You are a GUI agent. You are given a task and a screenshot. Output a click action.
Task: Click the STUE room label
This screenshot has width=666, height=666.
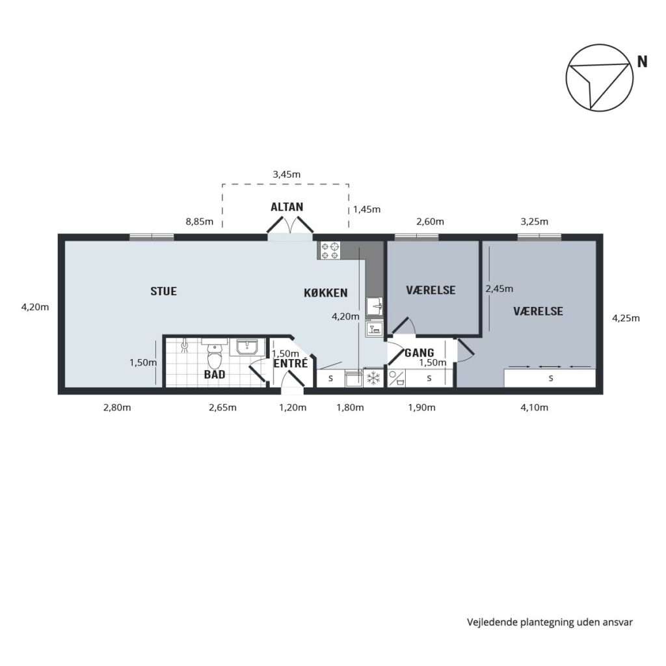pyautogui.click(x=163, y=291)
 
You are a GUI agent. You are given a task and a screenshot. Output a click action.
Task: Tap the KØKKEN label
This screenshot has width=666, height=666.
pyautogui.click(x=326, y=293)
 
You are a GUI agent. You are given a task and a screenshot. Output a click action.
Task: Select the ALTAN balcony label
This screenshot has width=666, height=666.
pyautogui.click(x=287, y=207)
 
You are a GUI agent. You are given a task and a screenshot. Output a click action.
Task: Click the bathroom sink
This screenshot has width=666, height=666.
pyautogui.click(x=246, y=347)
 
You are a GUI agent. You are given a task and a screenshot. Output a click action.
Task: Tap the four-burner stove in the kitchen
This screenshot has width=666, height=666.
pyautogui.click(x=330, y=250)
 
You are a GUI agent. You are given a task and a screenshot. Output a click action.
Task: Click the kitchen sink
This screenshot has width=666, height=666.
pyautogui.click(x=374, y=306)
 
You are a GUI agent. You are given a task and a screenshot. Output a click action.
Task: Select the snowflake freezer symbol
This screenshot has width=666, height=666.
pyautogui.click(x=373, y=378)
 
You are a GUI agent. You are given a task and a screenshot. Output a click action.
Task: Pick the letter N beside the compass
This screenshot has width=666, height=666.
pyautogui.click(x=642, y=62)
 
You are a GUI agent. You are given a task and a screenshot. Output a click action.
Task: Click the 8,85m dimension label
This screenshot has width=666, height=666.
pyautogui.click(x=200, y=222)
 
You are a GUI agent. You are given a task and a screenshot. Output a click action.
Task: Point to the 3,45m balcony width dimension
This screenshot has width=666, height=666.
pyautogui.click(x=287, y=174)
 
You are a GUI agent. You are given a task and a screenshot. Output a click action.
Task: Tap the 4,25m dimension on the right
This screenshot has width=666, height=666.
pyautogui.click(x=626, y=318)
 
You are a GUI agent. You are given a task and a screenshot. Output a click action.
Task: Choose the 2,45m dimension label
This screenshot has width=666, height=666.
pyautogui.click(x=499, y=289)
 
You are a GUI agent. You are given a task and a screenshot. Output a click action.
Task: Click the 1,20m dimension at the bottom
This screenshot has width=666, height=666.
pyautogui.click(x=293, y=408)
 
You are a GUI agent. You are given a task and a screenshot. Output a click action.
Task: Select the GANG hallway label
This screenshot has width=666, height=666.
pyautogui.click(x=420, y=353)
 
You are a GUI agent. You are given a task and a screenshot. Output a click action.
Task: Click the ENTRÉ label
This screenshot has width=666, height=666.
pyautogui.click(x=291, y=363)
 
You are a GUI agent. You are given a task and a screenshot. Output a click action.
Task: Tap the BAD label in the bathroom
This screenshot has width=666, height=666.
pyautogui.click(x=215, y=375)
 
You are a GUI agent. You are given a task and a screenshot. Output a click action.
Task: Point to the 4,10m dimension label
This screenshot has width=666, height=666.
pyautogui.click(x=535, y=408)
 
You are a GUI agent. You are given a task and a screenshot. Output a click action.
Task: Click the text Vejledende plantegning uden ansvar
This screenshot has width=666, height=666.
pyautogui.click(x=550, y=622)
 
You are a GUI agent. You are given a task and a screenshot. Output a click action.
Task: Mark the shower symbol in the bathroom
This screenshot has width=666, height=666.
pyautogui.click(x=184, y=346)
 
